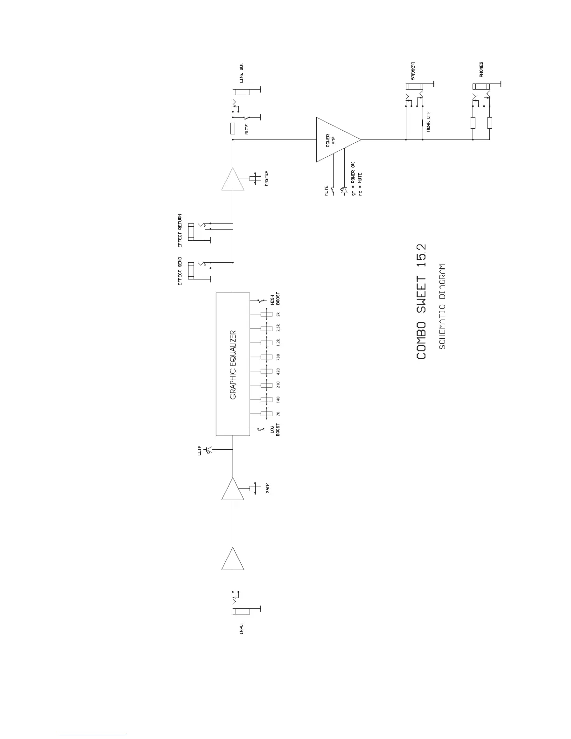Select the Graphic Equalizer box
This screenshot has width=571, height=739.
233,364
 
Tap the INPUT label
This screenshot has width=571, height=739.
241,628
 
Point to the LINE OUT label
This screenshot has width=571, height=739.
241,73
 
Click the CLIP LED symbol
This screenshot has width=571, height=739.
209,450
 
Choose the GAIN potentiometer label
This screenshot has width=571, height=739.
268,488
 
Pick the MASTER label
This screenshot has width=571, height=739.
266,179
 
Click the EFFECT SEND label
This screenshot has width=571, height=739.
180,271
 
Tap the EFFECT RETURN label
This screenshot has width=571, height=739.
180,231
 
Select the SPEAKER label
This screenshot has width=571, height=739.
413,71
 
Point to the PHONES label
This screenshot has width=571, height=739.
481,70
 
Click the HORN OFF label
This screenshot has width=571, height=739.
428,122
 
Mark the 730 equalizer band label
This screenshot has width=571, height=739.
278,357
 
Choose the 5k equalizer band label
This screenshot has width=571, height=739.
278,314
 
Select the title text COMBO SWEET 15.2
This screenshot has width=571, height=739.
421,301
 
